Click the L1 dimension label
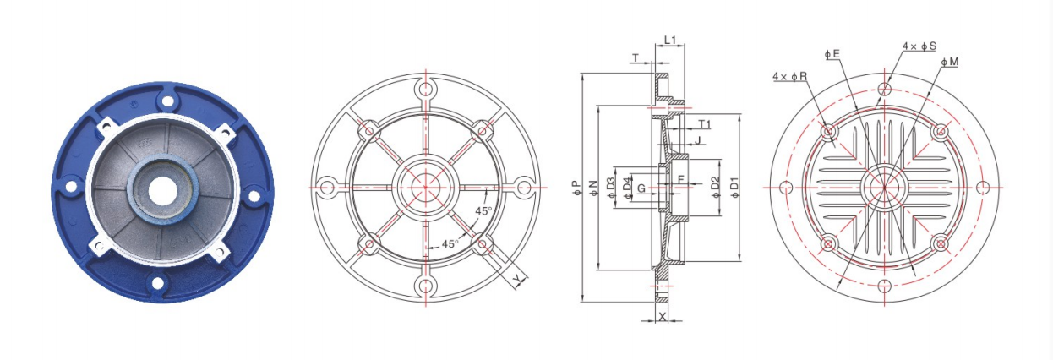pyautogui.click(x=670, y=40)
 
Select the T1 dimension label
pyautogui.click(x=704, y=124)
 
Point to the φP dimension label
pyautogui.click(x=577, y=188)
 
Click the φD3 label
pyautogui.click(x=611, y=188)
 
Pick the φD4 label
pyautogui.click(x=628, y=188)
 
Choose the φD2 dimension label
pyautogui.click(x=716, y=188)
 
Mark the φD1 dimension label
pyautogui.click(x=734, y=188)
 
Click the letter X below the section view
pyautogui.click(x=662, y=317)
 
